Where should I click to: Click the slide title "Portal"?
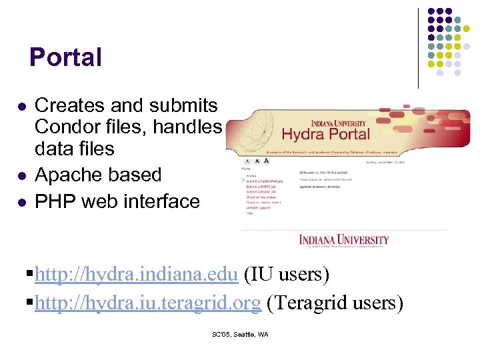(x=65, y=57)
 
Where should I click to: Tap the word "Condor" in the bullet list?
(x=65, y=126)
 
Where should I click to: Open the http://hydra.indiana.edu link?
(x=137, y=274)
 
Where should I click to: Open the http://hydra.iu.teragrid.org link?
(x=147, y=303)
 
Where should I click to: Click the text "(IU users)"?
(x=287, y=274)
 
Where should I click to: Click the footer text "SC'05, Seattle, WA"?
(x=240, y=335)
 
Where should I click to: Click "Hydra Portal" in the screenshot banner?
(x=325, y=133)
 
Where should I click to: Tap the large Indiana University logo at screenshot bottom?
(x=344, y=239)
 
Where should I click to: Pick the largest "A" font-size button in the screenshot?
(x=267, y=160)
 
